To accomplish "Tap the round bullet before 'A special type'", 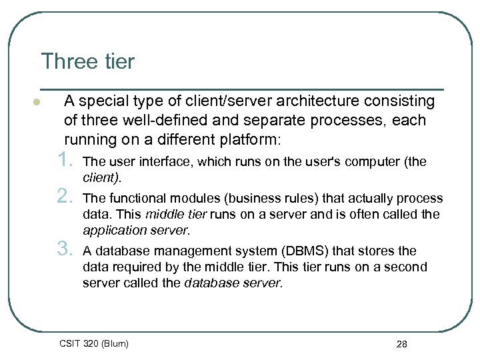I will pos(37,103).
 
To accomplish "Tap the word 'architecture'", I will pos(317,101).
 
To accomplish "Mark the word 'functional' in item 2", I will pos(135,198).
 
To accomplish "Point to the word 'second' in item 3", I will pos(408,267).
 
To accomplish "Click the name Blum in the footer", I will pos(113,343).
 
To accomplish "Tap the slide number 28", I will pos(401,344).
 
